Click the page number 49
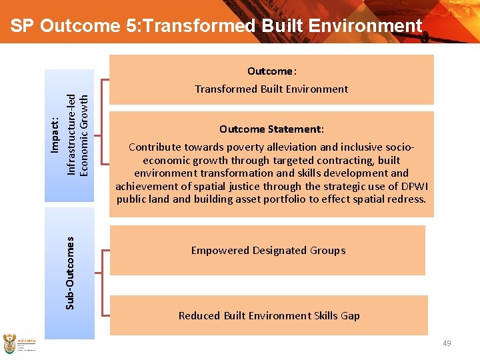[x=447, y=343]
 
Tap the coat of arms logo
[x=9, y=343]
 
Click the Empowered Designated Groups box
[x=267, y=251]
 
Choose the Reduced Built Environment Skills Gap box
[x=269, y=315]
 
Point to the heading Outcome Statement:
[x=271, y=129]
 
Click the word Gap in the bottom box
[x=350, y=316]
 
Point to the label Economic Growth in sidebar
[x=83, y=134]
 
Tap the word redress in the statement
[x=407, y=199]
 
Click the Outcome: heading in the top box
[x=271, y=71]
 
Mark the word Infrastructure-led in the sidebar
[x=71, y=134]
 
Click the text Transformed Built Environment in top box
[x=271, y=89]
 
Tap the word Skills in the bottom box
[x=321, y=316]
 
